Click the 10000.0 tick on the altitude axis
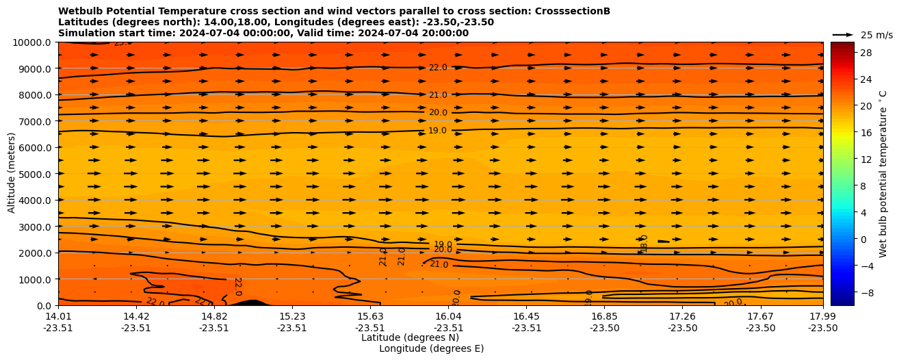pyautogui.click(x=33, y=42)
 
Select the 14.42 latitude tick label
pyautogui.click(x=136, y=316)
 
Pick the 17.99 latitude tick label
pyautogui.click(x=822, y=316)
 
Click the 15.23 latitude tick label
pyautogui.click(x=291, y=316)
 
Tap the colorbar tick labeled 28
pyautogui.click(x=846, y=53)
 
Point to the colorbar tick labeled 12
pyautogui.click(x=846, y=159)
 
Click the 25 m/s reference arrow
pyautogui.click(x=843, y=34)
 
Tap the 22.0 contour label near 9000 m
pyautogui.click(x=438, y=68)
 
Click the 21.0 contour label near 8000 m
pyautogui.click(x=438, y=95)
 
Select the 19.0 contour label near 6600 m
pyautogui.click(x=437, y=131)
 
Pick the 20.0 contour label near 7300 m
pyautogui.click(x=438, y=113)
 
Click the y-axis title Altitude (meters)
pyautogui.click(x=12, y=174)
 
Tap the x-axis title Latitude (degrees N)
pyautogui.click(x=410, y=337)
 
